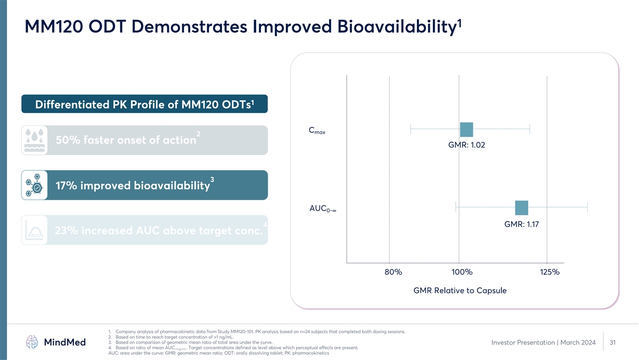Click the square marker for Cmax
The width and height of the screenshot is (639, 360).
[466, 129]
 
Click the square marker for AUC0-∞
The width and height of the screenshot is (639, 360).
[521, 208]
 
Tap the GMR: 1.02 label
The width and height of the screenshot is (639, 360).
[466, 145]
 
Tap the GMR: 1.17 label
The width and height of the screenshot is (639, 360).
[521, 224]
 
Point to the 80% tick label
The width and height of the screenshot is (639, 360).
[393, 272]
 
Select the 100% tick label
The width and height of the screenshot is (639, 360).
[462, 272]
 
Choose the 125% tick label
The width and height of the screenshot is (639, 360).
[550, 272]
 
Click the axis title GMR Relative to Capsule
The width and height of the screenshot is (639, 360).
[460, 291]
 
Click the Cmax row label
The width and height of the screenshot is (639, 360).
[316, 130]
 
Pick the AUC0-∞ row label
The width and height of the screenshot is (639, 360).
[323, 209]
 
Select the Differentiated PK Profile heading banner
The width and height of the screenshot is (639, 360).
[144, 104]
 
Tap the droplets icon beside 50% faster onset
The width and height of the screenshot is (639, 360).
[35, 140]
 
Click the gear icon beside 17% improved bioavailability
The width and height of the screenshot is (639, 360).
[35, 185]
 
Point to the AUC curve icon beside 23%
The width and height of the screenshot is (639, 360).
[35, 231]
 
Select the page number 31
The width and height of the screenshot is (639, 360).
[612, 342]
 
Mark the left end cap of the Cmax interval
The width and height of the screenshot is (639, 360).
[411, 129]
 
